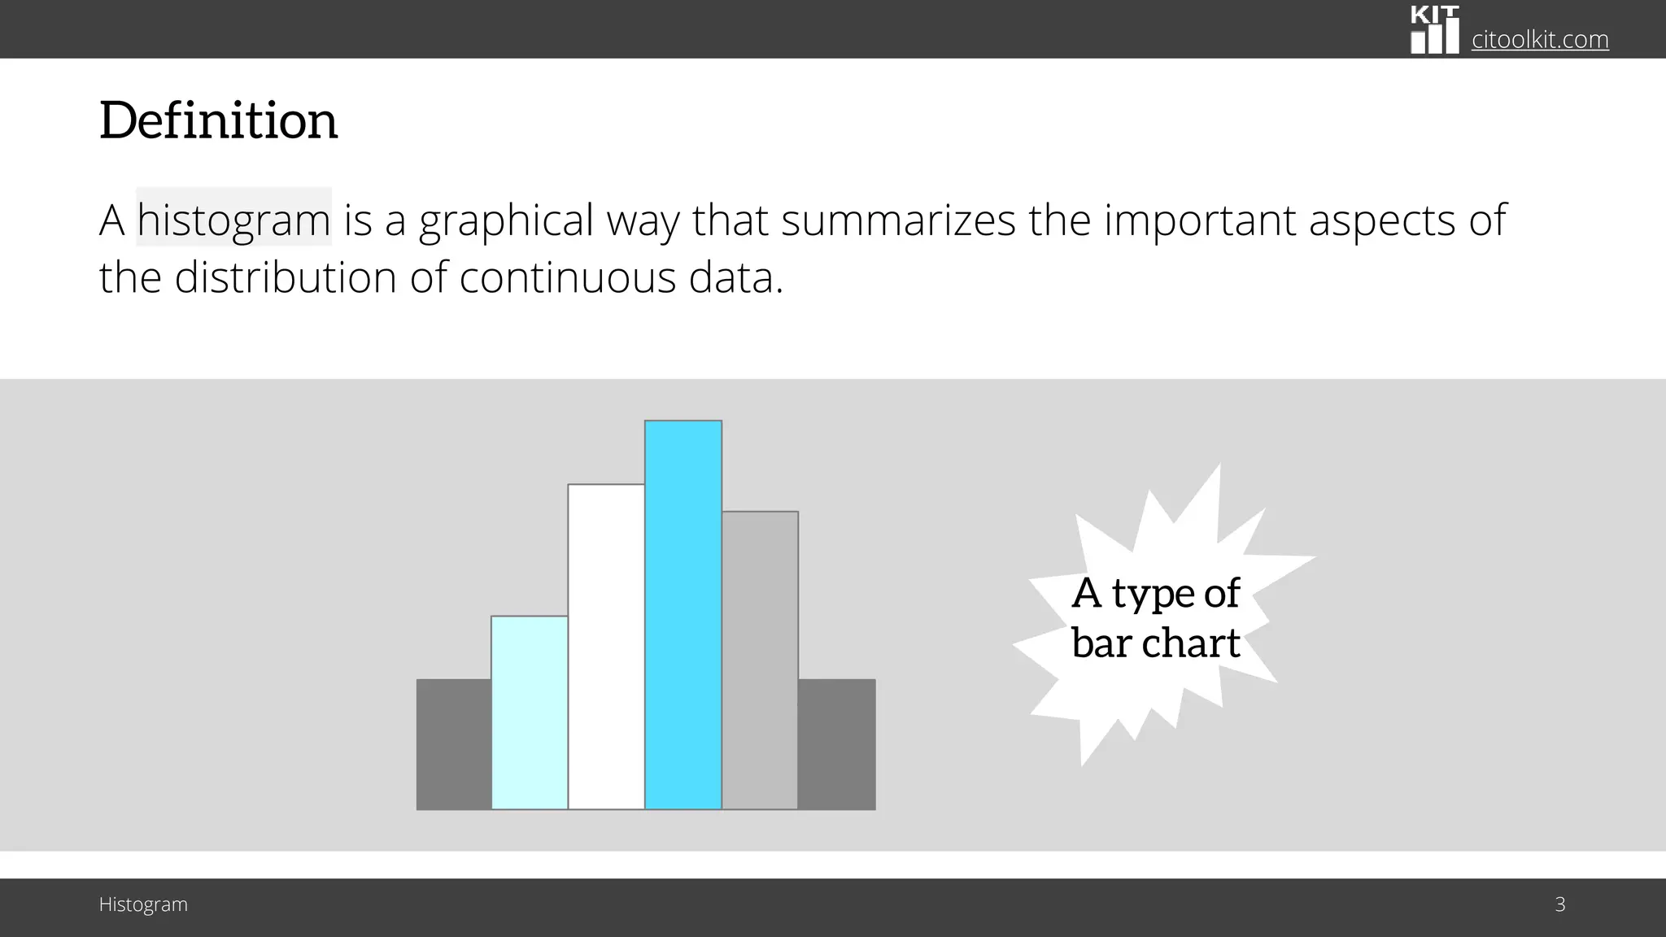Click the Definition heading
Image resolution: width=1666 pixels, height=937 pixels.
(x=218, y=120)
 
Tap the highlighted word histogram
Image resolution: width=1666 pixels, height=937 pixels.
(x=233, y=220)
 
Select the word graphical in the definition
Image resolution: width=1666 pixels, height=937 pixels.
(x=506, y=220)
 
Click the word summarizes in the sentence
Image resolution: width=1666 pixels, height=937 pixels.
(x=898, y=220)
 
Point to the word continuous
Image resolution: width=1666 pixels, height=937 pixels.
(x=567, y=277)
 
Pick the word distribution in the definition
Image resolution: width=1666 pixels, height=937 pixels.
(x=285, y=277)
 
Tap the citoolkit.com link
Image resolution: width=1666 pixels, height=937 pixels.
(x=1539, y=39)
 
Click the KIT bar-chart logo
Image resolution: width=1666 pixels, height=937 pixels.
(x=1434, y=31)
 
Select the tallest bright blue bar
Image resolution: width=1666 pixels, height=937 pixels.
(x=683, y=614)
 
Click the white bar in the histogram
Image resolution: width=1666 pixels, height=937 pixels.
(x=606, y=647)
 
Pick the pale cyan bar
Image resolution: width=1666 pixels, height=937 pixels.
(x=530, y=713)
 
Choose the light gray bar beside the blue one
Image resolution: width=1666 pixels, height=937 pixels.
(x=760, y=660)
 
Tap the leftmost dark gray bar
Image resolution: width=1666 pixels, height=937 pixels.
(x=454, y=744)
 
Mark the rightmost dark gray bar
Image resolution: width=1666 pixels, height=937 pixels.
(x=836, y=744)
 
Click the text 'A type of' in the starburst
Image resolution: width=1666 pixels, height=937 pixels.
(x=1155, y=592)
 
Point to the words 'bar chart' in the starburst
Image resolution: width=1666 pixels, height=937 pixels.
(x=1155, y=643)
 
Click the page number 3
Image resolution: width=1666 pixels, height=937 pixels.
(x=1559, y=904)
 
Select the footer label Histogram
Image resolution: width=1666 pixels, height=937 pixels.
(x=143, y=904)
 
